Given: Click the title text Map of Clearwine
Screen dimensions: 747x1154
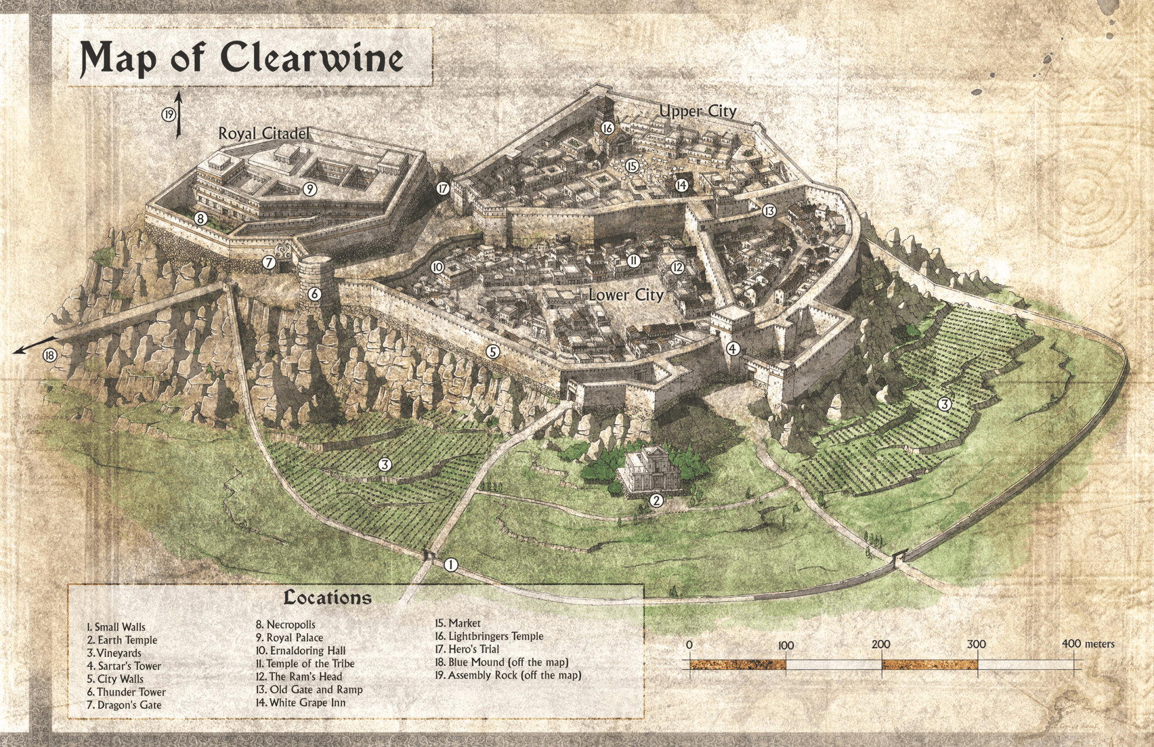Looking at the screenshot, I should (x=242, y=59).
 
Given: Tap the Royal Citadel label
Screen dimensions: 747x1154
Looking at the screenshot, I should (x=264, y=133).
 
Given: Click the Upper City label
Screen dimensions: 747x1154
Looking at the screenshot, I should (x=698, y=111).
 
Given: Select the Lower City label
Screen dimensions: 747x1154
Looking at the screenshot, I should (x=626, y=295).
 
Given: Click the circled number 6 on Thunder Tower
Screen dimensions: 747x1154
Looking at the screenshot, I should (x=314, y=294).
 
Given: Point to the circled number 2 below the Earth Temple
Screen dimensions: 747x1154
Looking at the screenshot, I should (x=656, y=501).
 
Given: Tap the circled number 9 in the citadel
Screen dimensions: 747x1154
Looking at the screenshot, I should (x=310, y=189).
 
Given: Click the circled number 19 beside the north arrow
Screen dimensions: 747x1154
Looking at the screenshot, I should (x=168, y=115).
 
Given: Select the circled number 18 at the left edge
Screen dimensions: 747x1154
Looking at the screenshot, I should (x=50, y=356).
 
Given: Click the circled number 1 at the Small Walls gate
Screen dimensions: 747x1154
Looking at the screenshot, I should (x=451, y=565).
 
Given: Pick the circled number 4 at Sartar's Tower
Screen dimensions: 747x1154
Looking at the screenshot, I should (x=732, y=349).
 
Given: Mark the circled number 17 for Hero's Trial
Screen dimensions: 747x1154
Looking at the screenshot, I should (x=443, y=188).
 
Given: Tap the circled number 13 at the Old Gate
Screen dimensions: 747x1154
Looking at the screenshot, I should (x=769, y=211).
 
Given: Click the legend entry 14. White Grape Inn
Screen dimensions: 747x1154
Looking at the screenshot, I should (x=301, y=703).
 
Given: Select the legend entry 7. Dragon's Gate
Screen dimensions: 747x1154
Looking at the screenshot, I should (x=124, y=705).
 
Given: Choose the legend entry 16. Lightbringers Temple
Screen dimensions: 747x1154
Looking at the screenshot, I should (x=489, y=636).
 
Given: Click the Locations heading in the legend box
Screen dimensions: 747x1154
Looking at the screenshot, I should (x=327, y=597).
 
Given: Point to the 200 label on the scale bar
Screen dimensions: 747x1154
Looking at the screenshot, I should (x=881, y=644).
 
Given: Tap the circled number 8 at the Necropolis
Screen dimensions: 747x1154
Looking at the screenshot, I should (x=201, y=219).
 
